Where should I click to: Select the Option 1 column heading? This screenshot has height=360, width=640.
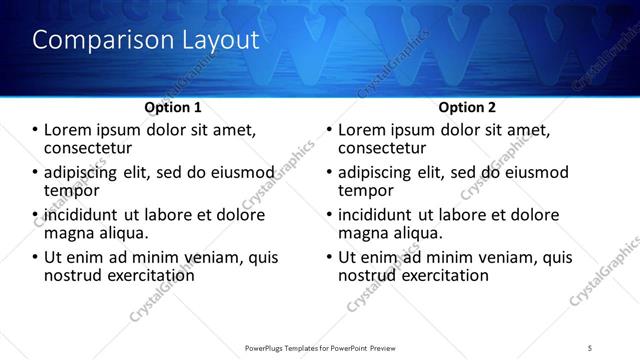(x=173, y=106)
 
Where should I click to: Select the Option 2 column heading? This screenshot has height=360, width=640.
(x=467, y=106)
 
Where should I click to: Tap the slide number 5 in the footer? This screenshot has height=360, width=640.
(x=590, y=348)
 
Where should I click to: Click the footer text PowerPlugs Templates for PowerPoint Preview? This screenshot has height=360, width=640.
(x=319, y=348)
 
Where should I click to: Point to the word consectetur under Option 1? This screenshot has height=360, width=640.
(x=92, y=147)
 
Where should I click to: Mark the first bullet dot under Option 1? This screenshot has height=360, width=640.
(x=35, y=130)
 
